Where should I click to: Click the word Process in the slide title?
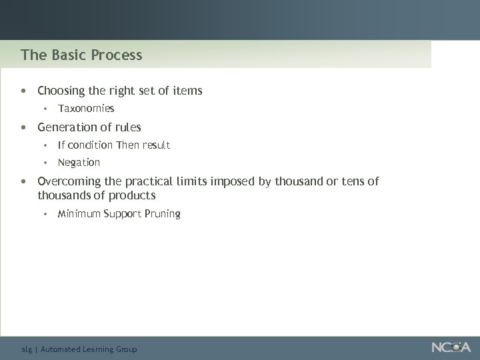119,55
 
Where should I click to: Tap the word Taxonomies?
86,108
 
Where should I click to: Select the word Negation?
79,162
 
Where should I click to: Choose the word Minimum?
79,214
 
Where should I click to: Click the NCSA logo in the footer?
451,347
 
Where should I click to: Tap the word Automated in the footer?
63,349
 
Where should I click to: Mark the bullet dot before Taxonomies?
45,108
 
